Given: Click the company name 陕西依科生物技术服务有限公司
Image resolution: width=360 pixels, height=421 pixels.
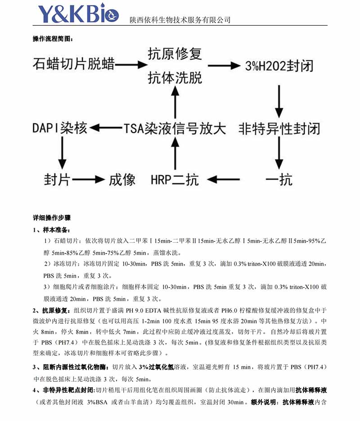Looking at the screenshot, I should click(x=180, y=20).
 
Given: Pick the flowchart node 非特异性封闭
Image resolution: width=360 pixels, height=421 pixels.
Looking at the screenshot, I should click(x=279, y=128).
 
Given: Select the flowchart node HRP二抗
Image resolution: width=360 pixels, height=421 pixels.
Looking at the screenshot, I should click(x=175, y=180).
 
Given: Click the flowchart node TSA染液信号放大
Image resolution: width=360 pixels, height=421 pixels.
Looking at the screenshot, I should click(x=175, y=128).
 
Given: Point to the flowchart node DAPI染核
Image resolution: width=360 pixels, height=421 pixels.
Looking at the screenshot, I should click(x=59, y=128).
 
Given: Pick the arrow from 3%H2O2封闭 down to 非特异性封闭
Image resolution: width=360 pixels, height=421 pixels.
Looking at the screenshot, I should click(x=279, y=97).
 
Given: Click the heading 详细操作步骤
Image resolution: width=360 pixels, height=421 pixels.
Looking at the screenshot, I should click(x=52, y=217).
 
